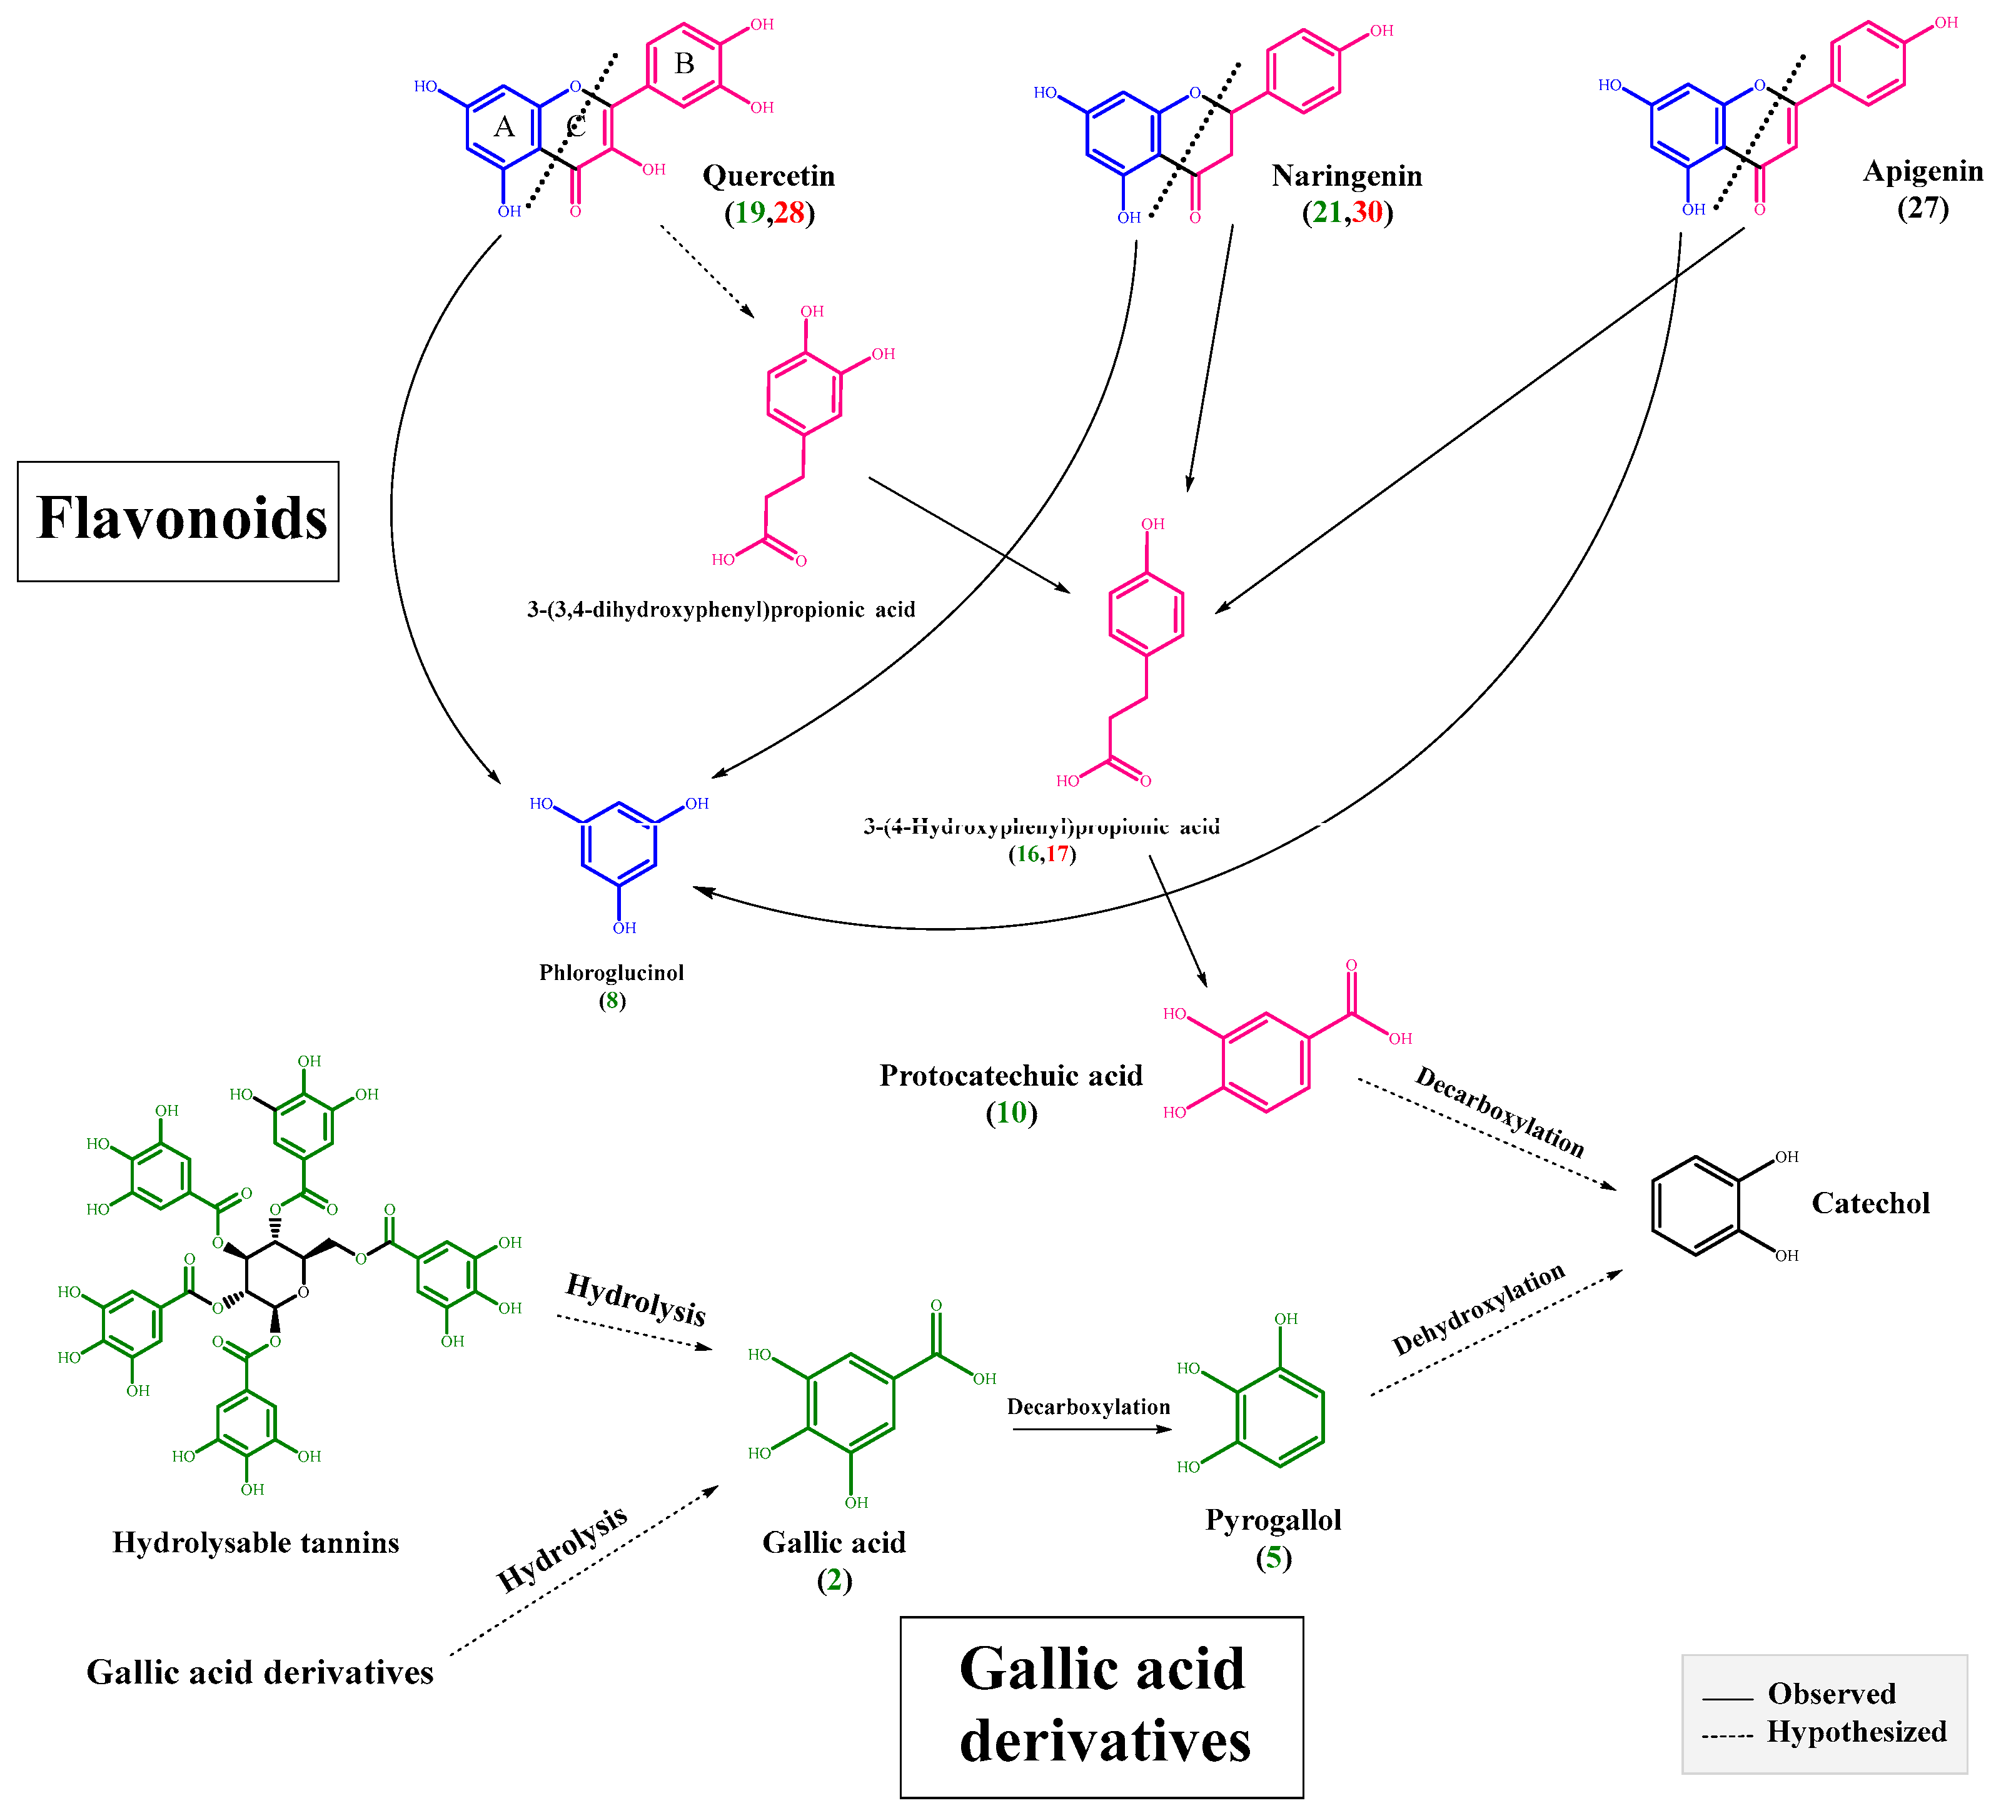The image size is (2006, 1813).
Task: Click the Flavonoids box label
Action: (x=181, y=520)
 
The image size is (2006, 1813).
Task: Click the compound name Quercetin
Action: (x=768, y=176)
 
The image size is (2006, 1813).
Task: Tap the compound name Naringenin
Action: (x=1346, y=176)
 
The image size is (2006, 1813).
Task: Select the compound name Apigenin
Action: (x=1922, y=171)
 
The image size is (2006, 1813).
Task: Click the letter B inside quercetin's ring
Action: (x=685, y=64)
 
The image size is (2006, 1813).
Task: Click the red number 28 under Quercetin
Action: (x=789, y=212)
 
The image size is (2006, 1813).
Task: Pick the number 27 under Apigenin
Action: (x=1922, y=208)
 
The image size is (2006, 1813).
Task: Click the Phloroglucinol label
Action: (x=611, y=972)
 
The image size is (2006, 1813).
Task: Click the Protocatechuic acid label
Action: (x=1011, y=1076)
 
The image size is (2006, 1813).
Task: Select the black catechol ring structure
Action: (x=1696, y=1206)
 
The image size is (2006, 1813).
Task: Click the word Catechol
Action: (x=1870, y=1203)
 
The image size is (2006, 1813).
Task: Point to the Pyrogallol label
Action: (x=1273, y=1520)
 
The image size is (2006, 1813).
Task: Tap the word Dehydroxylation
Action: (x=1479, y=1310)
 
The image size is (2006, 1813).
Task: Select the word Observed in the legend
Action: (x=1831, y=1694)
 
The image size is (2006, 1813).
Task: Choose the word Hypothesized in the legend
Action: (x=1856, y=1732)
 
